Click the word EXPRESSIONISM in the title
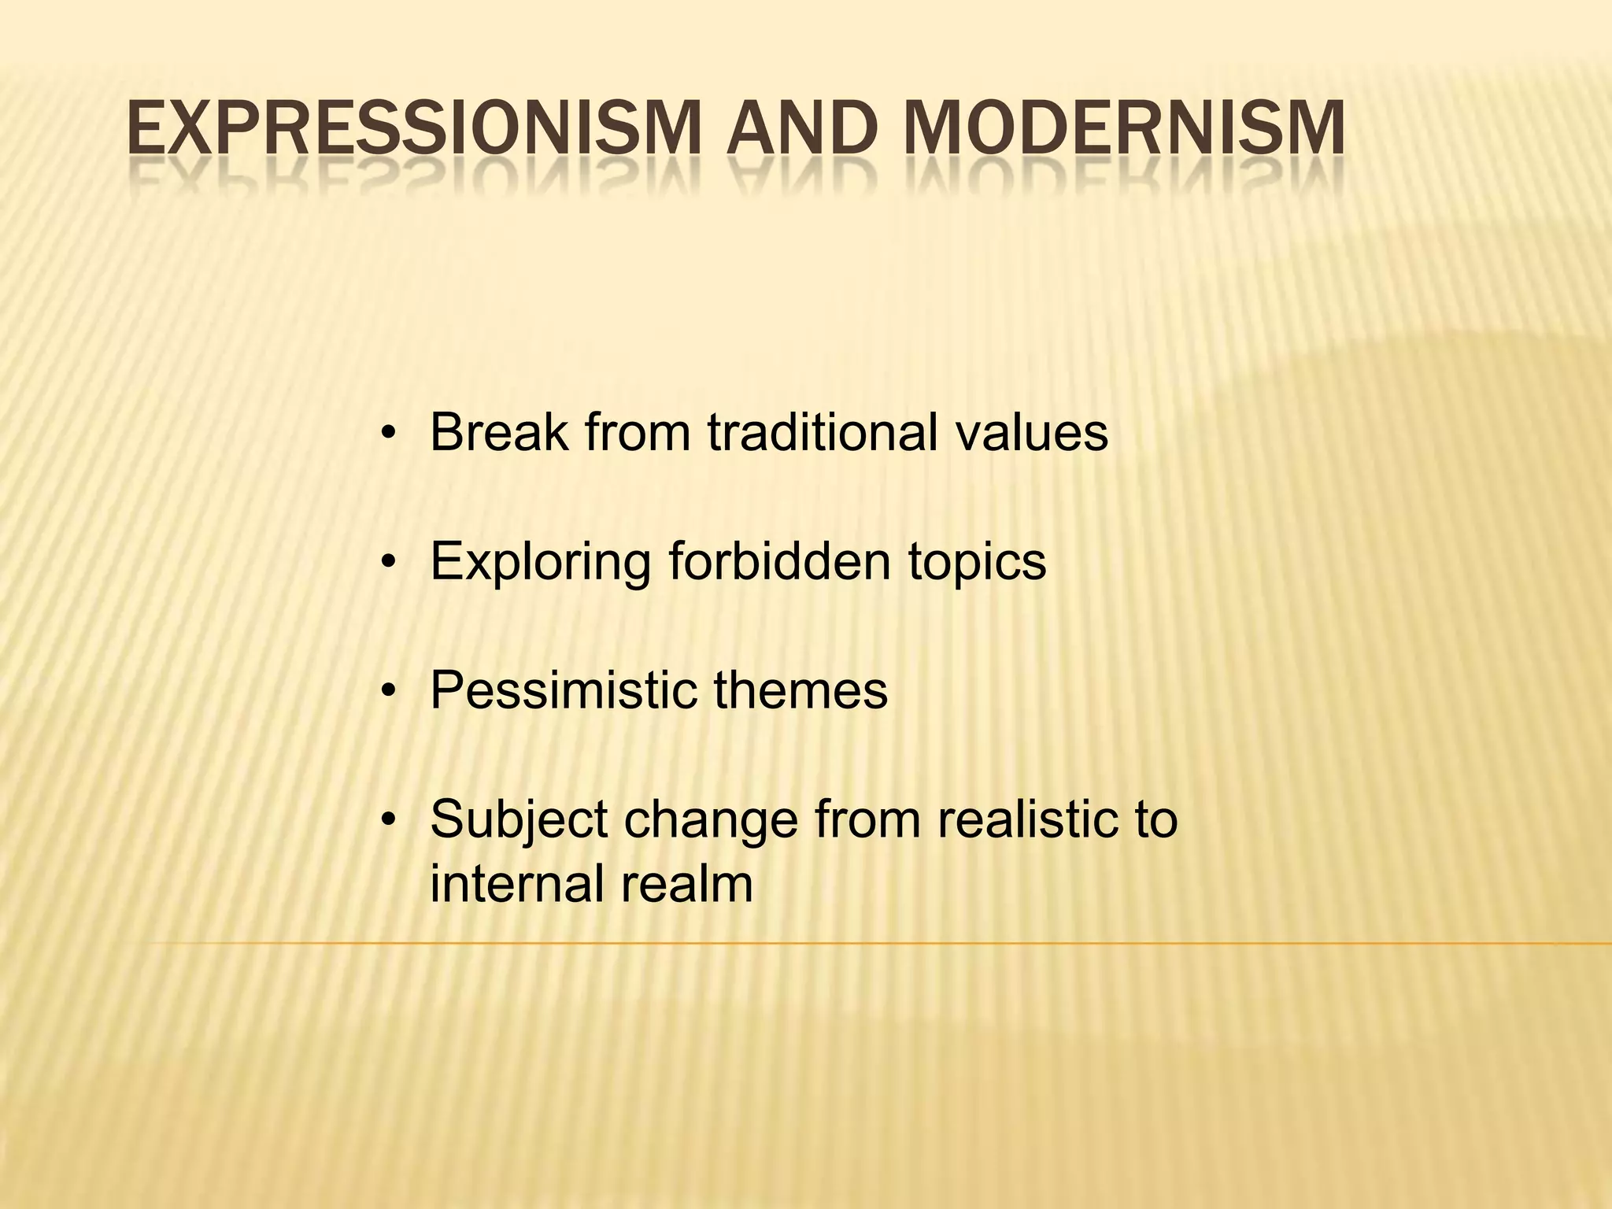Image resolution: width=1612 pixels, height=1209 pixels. click(412, 128)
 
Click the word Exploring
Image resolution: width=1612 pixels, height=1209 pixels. click(541, 561)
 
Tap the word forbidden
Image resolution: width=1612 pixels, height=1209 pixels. click(779, 561)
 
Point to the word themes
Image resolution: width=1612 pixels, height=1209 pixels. click(800, 690)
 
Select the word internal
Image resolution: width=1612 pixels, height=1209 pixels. click(516, 884)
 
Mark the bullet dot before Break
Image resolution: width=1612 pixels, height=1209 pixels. click(386, 434)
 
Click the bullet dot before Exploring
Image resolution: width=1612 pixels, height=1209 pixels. click(386, 563)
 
